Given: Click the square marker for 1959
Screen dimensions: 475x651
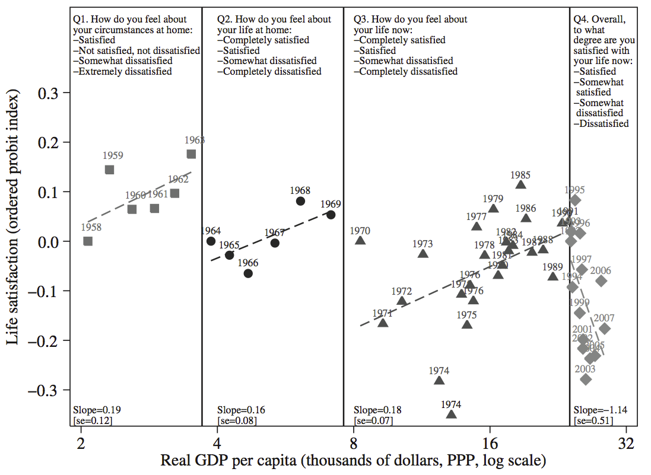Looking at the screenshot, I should pos(109,170).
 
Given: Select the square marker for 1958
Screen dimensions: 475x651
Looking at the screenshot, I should pos(88,241).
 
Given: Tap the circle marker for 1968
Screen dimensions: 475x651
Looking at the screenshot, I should pos(300,201).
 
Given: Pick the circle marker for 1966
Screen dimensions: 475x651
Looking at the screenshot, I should pos(248,273).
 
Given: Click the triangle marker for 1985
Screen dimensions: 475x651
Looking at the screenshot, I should pos(520,185).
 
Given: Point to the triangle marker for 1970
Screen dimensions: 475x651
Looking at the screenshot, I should pos(360,240).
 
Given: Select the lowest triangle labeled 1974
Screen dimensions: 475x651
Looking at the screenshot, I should pos(451,414).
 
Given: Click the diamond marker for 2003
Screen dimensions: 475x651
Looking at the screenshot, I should pos(586,380).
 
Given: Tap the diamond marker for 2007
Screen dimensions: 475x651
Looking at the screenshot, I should pos(605,329).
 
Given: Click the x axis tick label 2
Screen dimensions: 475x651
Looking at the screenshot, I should pos(80,442).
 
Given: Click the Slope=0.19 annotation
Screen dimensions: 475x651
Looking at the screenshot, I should pos(93,410).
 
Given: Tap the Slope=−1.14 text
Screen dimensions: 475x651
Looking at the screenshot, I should pos(600,410).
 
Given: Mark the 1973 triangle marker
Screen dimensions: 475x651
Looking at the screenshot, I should pos(423,254).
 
